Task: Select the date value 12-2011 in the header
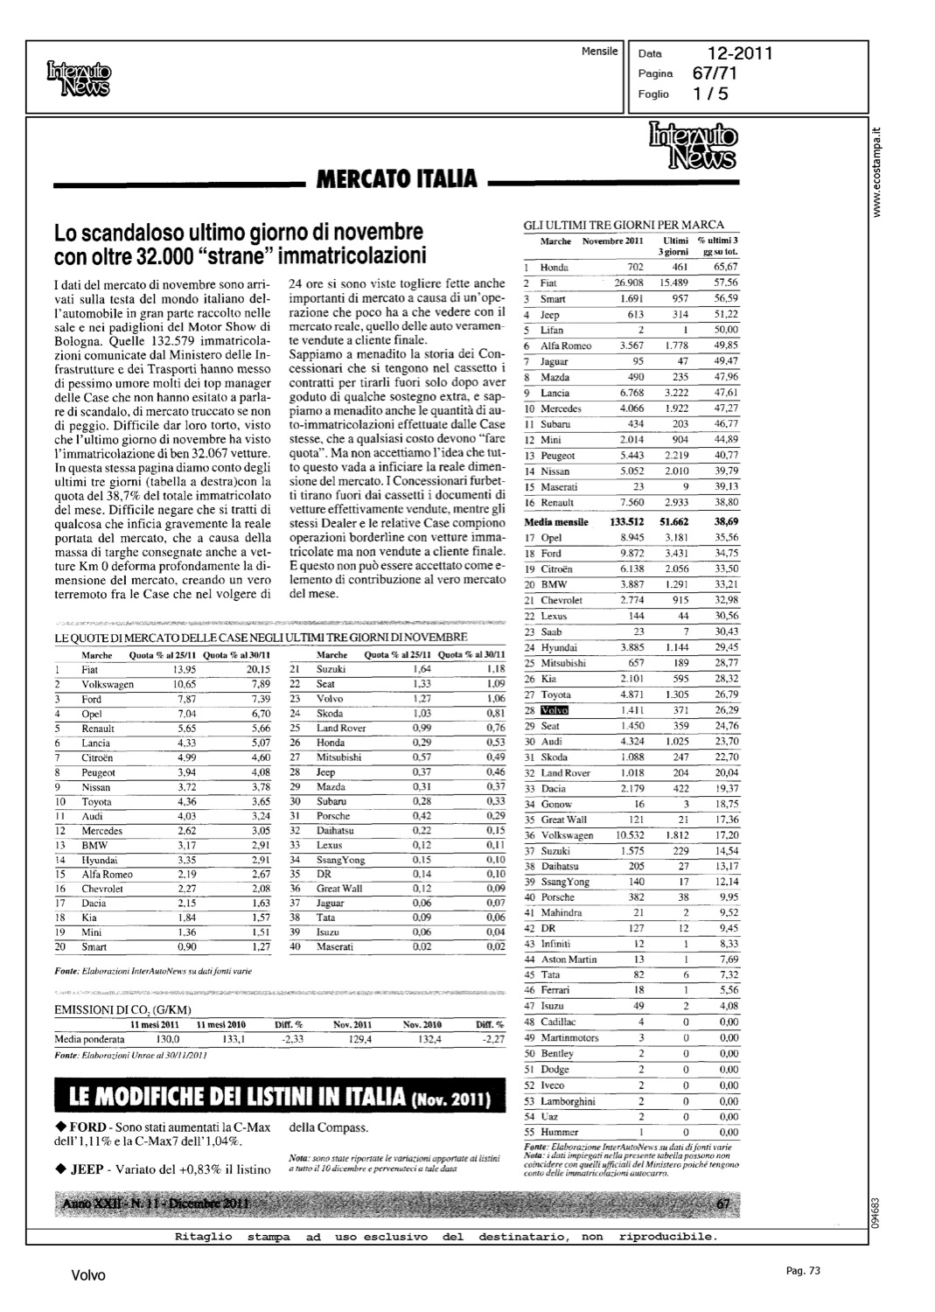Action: click(740, 54)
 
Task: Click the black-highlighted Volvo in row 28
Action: click(555, 710)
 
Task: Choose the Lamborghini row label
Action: click(568, 1100)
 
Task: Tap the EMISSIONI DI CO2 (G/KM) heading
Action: click(122, 1009)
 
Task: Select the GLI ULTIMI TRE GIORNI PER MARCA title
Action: click(624, 225)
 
